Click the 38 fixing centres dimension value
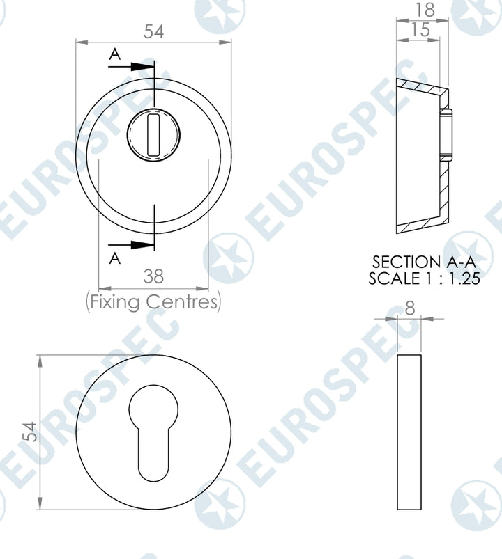pyautogui.click(x=153, y=276)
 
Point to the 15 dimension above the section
pyautogui.click(x=420, y=29)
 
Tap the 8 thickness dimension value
pyautogui.click(x=409, y=307)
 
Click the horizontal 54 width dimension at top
pyautogui.click(x=154, y=32)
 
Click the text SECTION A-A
pyautogui.click(x=425, y=262)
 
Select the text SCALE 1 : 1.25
pyautogui.click(x=425, y=278)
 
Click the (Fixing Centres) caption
pyautogui.click(x=153, y=302)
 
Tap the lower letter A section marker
pyautogui.click(x=116, y=258)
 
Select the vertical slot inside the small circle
pyautogui.click(x=154, y=132)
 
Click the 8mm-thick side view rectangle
pyautogui.click(x=409, y=432)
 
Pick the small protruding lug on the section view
pyautogui.click(x=447, y=135)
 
